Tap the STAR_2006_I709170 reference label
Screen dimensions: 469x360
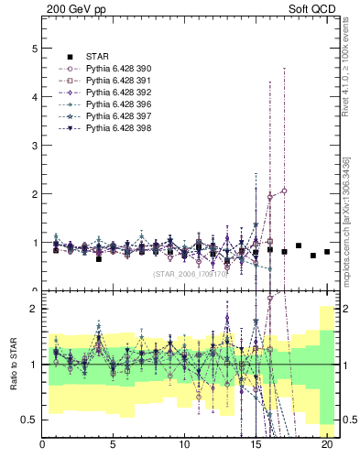[190, 273]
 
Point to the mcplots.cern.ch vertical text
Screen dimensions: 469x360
[345, 220]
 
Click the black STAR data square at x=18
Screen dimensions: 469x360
[299, 245]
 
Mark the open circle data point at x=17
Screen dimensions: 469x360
[285, 191]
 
